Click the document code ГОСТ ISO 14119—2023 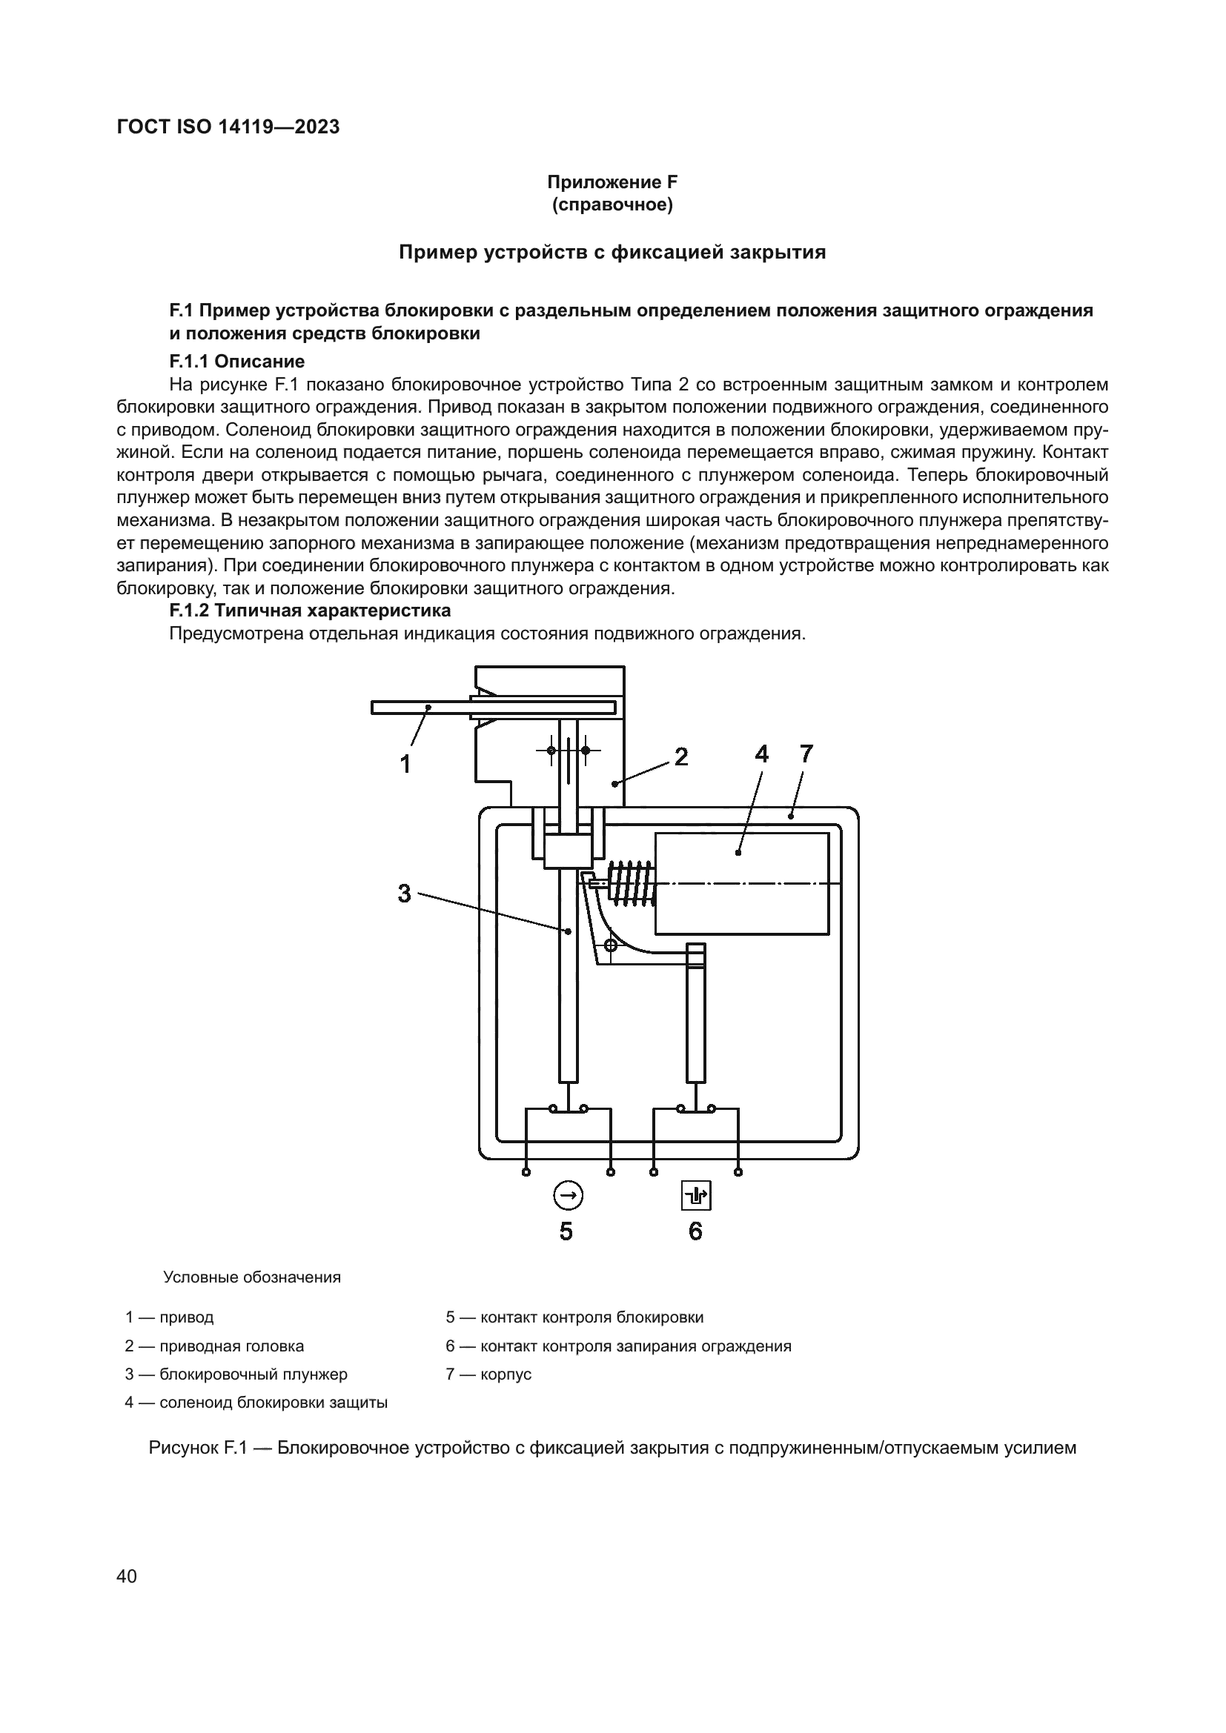coord(228,127)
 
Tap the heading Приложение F coord(612,182)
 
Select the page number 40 coord(127,1576)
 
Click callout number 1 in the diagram coord(405,764)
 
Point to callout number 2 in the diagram coord(681,756)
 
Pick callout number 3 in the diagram coord(404,894)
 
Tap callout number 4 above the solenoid coord(761,754)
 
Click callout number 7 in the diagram coord(806,754)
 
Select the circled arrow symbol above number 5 coord(568,1196)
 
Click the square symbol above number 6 coord(696,1196)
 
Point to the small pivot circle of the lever coord(612,945)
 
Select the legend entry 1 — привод coord(169,1317)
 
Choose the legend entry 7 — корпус coord(488,1374)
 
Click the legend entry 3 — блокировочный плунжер coord(236,1374)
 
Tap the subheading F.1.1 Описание coord(236,361)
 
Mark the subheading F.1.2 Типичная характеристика coord(310,610)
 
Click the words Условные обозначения coord(251,1277)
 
